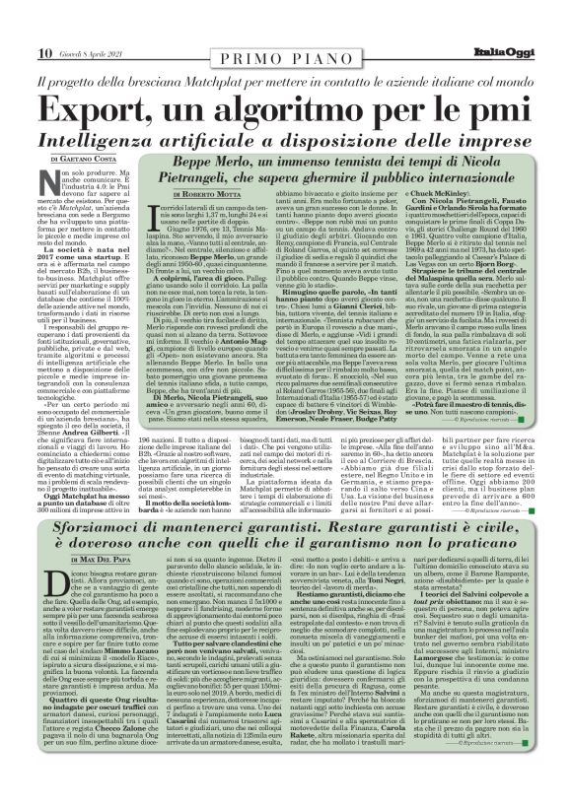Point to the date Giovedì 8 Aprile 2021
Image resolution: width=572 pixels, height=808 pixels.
click(87, 53)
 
